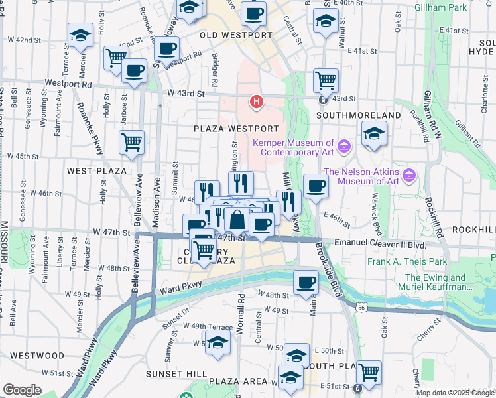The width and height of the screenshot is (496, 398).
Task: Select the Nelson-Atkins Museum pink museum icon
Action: pos(410,176)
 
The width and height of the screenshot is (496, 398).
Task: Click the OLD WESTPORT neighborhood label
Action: pos(237,34)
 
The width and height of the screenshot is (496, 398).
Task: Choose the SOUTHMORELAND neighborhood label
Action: pos(359,115)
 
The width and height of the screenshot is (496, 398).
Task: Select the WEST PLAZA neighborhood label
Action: pos(97,171)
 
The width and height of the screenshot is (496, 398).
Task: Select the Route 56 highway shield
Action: pos(360,308)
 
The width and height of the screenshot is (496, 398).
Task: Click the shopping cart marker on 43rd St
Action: pos(326,81)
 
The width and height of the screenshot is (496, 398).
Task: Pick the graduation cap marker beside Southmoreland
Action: pos(374,135)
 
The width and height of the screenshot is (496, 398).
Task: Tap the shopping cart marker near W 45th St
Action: pos(131,142)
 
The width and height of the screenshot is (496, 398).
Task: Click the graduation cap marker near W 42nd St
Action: pos(81,36)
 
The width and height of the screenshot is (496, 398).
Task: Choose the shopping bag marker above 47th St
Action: pos(237,220)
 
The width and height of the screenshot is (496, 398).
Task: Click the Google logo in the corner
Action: pos(22,391)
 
